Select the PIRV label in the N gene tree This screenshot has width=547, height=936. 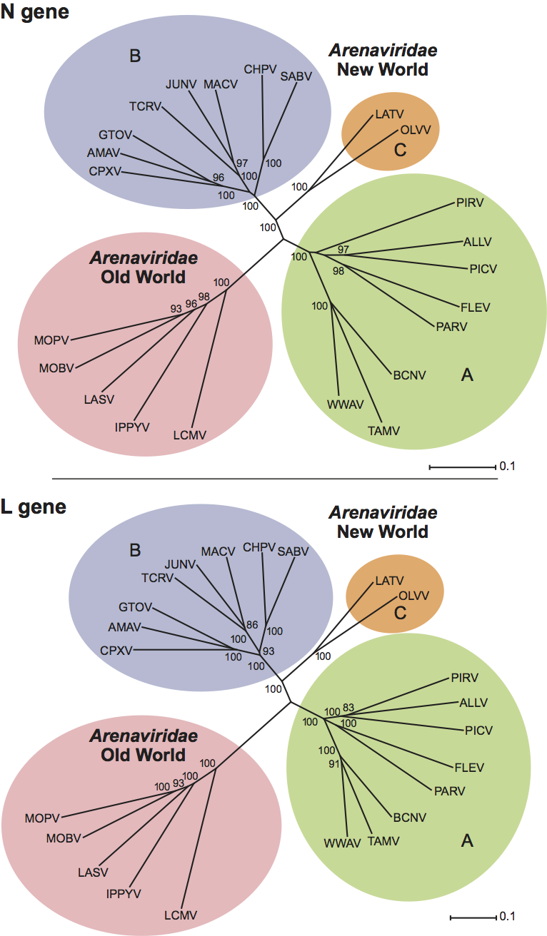coord(470,203)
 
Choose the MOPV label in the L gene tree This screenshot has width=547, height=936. coord(42,817)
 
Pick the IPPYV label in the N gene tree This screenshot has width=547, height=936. coord(133,427)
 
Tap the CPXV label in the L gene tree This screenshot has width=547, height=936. coord(117,650)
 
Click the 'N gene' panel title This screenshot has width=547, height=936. coord(35,12)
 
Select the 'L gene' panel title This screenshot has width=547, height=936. coord(34,507)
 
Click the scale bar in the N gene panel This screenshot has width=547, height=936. coord(461,467)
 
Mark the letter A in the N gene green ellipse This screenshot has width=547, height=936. coord(467,375)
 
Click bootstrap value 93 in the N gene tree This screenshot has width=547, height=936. coord(175,308)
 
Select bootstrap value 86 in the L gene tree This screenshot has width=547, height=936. coord(251,624)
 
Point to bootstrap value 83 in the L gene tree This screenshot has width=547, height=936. coord(348,707)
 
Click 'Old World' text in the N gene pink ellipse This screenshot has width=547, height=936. coord(143,277)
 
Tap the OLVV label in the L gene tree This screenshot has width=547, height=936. coord(413,595)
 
